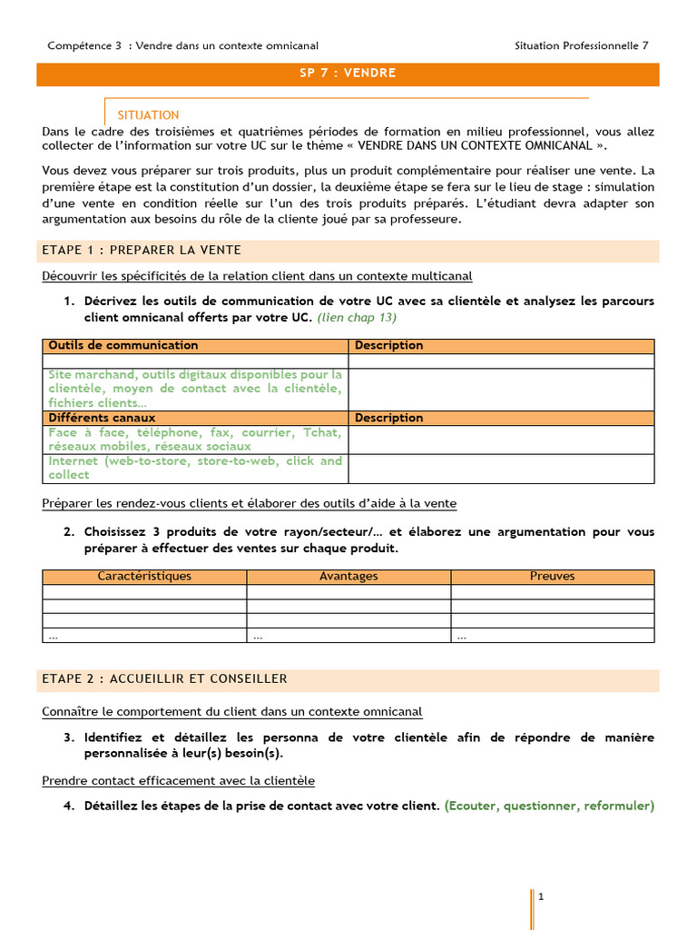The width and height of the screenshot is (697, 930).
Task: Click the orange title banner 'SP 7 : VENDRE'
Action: click(x=348, y=73)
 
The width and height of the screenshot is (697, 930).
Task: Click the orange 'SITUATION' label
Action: click(x=148, y=115)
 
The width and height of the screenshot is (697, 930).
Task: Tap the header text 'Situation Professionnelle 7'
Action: click(x=581, y=45)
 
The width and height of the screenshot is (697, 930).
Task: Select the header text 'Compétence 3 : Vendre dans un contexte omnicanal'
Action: click(x=182, y=45)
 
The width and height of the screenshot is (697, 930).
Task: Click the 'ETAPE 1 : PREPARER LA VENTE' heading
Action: click(x=142, y=250)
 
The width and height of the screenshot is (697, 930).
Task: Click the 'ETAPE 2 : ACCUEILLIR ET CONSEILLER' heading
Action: click(x=164, y=678)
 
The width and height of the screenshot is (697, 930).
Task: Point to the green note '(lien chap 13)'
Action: click(x=357, y=318)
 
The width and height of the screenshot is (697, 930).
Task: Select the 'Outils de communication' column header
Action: click(x=123, y=345)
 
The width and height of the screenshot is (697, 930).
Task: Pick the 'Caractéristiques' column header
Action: click(x=144, y=576)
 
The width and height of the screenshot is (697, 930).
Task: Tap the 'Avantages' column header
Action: click(x=348, y=576)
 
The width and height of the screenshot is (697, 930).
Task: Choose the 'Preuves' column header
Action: click(x=552, y=576)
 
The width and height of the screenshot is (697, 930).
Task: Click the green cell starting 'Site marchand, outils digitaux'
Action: click(x=195, y=389)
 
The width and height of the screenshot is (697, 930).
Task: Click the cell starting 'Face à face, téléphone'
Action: click(x=195, y=440)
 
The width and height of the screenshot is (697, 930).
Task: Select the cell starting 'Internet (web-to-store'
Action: click(x=195, y=468)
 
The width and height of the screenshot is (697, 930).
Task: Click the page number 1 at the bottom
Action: click(x=541, y=896)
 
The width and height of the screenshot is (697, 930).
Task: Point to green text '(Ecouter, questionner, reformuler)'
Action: click(x=549, y=806)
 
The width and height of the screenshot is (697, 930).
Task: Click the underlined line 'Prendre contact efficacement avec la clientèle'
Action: click(x=179, y=780)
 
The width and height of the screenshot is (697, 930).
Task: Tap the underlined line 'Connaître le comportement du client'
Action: click(x=231, y=712)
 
